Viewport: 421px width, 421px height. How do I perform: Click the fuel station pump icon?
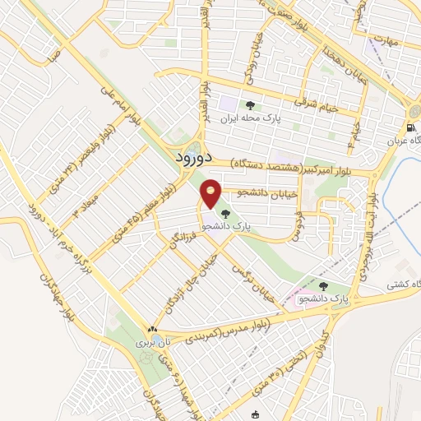(409, 127)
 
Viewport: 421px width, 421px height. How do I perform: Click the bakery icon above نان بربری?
(150, 326)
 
